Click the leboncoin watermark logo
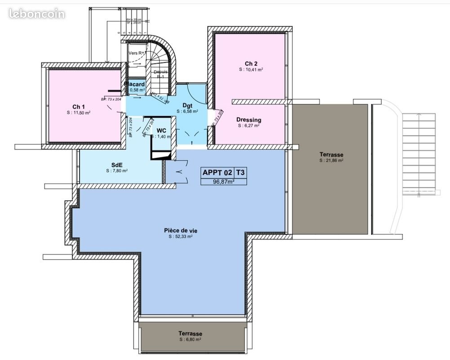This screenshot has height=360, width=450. click(37, 13)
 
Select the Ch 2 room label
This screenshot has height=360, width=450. click(251, 63)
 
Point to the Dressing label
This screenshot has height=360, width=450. click(249, 120)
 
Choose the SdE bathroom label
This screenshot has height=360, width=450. click(117, 165)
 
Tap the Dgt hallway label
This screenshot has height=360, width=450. click(187, 105)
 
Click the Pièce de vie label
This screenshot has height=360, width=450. click(180, 230)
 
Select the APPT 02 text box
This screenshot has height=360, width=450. click(217, 172)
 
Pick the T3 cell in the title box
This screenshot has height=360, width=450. click(241, 172)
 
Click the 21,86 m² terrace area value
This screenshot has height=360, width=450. click(331, 160)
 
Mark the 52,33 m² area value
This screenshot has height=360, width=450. click(180, 236)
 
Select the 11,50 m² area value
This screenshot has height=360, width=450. click(79, 113)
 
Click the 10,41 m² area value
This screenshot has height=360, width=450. click(251, 70)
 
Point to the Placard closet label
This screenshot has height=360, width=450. click(135, 84)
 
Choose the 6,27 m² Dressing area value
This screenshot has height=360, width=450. click(249, 126)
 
